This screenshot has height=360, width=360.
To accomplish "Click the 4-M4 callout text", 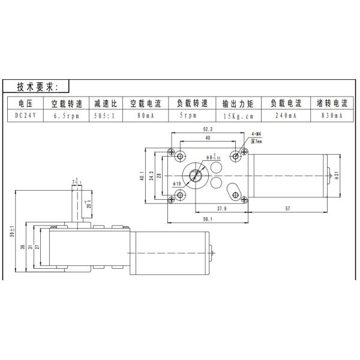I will click(255, 135).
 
